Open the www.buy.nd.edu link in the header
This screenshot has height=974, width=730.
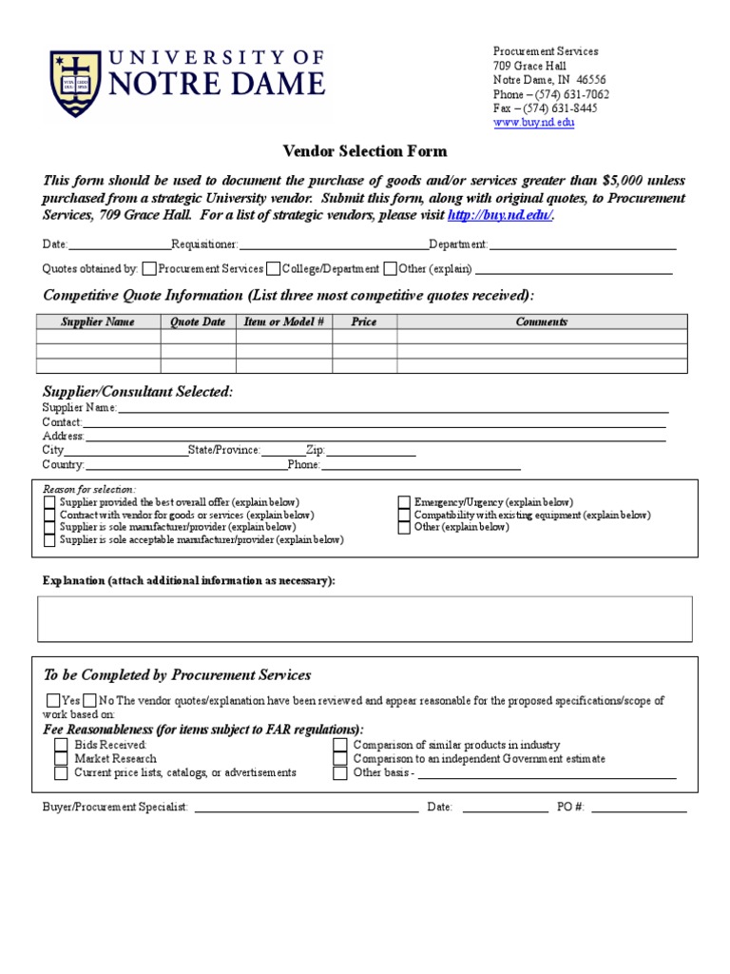(x=533, y=123)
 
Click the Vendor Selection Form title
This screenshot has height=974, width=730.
(x=365, y=151)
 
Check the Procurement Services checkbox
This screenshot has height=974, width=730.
(x=150, y=269)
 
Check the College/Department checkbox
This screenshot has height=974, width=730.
(x=274, y=269)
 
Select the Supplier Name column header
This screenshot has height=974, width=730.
(x=98, y=321)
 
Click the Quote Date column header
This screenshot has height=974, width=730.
(x=198, y=321)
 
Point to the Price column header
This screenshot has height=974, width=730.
(x=364, y=321)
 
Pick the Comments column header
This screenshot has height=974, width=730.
(x=541, y=321)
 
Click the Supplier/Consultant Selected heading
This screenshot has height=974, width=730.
(x=138, y=392)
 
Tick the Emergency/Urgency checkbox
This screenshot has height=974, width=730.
(x=404, y=502)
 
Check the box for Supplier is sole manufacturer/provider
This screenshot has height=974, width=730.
(x=49, y=527)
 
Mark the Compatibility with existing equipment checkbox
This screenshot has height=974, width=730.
(x=404, y=515)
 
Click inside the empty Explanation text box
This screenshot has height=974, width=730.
(x=365, y=618)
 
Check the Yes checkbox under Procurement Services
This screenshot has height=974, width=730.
(x=53, y=700)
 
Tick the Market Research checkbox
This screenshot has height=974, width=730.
(x=61, y=759)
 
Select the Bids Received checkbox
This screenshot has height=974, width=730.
(x=61, y=745)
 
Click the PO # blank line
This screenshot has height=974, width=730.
(x=639, y=808)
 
